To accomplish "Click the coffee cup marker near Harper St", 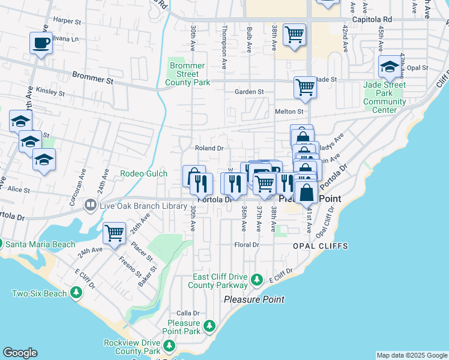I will [41, 43].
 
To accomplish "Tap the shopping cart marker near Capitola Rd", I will [294, 35].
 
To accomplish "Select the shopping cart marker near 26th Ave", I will [114, 232].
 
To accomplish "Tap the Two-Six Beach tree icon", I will [76, 293].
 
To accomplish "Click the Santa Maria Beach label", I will [40, 244].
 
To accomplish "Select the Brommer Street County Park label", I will [188, 74].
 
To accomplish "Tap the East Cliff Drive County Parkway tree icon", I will [257, 280].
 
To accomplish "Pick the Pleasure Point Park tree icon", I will [209, 326].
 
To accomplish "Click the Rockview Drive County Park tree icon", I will [169, 345].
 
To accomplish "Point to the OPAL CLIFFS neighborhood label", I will [320, 246].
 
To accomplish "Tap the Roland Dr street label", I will [209, 148].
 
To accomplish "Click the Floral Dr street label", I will [247, 245].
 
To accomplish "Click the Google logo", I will [20, 353].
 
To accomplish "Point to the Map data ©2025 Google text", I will [412, 355].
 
